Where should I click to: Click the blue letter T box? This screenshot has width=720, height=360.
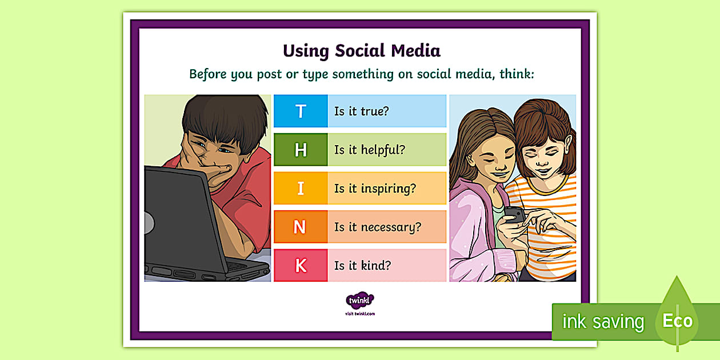coord(301,111)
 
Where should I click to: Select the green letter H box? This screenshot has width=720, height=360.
coord(301,150)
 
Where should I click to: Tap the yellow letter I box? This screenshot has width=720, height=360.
coord(301,189)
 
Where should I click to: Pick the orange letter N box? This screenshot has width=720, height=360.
coord(301,227)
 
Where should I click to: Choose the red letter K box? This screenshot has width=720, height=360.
coord(301,266)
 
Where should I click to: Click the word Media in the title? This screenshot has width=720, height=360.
coord(415,51)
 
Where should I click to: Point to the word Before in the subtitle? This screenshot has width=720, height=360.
coord(208,74)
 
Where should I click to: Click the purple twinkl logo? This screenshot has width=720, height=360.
coord(360,301)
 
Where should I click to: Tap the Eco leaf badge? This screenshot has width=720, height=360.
coord(678,320)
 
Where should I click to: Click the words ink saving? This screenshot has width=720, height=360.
coord(603,322)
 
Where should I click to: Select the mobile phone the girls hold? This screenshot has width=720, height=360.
coord(514,215)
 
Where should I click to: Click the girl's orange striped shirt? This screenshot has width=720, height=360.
coord(543,229)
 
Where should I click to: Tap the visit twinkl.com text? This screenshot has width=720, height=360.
coord(360,313)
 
